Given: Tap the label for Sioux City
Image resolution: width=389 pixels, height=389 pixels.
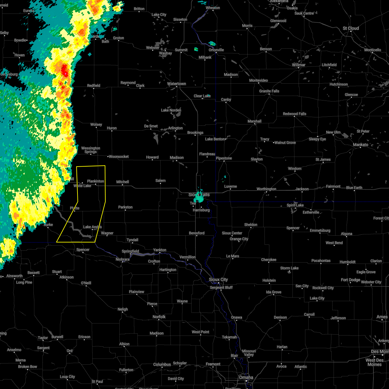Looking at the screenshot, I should pyautogui.click(x=218, y=280).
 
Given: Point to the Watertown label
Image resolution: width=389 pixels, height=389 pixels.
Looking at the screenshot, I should pyautogui.click(x=176, y=84).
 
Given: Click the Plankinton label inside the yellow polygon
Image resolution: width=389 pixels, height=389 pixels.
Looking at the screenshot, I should pyautogui.click(x=95, y=181).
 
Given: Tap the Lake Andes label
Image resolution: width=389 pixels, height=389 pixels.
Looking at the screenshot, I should pyautogui.click(x=92, y=227).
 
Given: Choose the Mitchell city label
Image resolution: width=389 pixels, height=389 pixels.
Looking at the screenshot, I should pyautogui.click(x=123, y=182).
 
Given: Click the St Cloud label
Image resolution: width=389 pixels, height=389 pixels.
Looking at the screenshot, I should pyautogui.click(x=351, y=29).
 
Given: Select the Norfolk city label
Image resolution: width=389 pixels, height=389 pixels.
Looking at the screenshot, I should pyautogui.click(x=159, y=317).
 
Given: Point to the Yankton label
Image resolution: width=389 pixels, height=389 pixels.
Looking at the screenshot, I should pyautogui.click(x=159, y=250).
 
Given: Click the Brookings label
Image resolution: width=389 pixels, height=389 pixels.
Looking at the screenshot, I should pyautogui.click(x=195, y=133).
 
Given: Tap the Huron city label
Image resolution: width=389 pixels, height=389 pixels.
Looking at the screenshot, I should pyautogui.click(x=112, y=128).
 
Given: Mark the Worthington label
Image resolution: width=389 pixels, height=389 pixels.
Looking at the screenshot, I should pyautogui.click(x=266, y=189).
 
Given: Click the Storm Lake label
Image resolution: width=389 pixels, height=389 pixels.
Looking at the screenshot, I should pyautogui.click(x=289, y=268).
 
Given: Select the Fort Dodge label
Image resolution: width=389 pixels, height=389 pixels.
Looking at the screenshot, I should pyautogui.click(x=350, y=280).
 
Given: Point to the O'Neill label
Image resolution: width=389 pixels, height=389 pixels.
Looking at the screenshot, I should pyautogui.click(x=86, y=283).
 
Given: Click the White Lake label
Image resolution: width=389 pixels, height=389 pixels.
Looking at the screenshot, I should pyautogui.click(x=82, y=186).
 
